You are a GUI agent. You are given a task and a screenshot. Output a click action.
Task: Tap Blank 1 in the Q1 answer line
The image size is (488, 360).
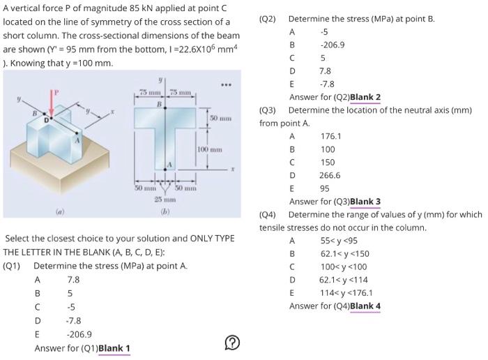tap(114, 348)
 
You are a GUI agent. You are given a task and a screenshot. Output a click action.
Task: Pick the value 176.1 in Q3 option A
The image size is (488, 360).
tap(330, 136)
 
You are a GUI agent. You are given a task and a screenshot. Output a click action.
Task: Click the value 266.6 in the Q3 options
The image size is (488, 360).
tap(330, 175)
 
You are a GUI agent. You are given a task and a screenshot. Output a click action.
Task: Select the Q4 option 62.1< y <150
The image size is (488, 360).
tap(344, 254)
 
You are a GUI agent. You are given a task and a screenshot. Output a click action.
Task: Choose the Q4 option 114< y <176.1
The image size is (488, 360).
tap(346, 293)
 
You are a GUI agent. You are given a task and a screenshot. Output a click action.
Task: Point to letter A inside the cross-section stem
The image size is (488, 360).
tap(167, 165)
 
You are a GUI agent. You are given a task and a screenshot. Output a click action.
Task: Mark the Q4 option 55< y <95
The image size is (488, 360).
tap(340, 241)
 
